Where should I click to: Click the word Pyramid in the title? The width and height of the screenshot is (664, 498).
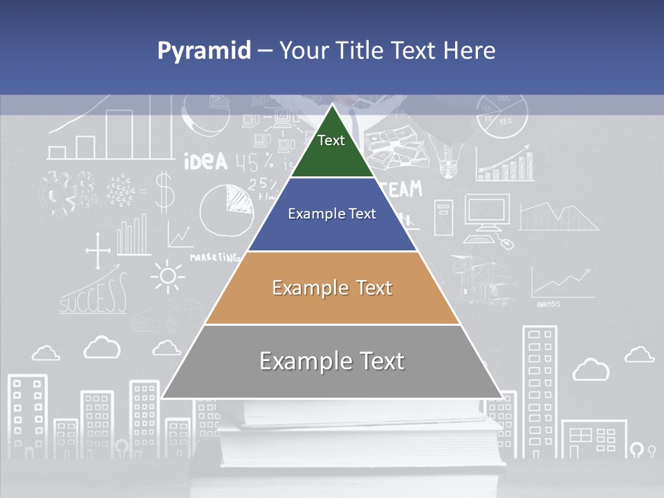pyautogui.click(x=204, y=51)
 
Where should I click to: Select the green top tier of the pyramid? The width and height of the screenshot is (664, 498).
pyautogui.click(x=331, y=149)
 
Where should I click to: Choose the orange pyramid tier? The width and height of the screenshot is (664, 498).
pyautogui.click(x=332, y=288)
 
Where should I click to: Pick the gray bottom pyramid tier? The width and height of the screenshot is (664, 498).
pyautogui.click(x=332, y=361)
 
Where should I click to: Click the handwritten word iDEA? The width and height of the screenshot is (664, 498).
pyautogui.click(x=205, y=162)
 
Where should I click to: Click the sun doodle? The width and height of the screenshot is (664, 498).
pyautogui.click(x=167, y=277)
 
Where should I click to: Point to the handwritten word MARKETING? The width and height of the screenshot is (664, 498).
pyautogui.click(x=214, y=257)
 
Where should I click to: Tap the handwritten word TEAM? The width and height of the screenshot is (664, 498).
pyautogui.click(x=402, y=188)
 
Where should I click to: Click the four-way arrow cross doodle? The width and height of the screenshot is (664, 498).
pyautogui.click(x=98, y=250)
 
